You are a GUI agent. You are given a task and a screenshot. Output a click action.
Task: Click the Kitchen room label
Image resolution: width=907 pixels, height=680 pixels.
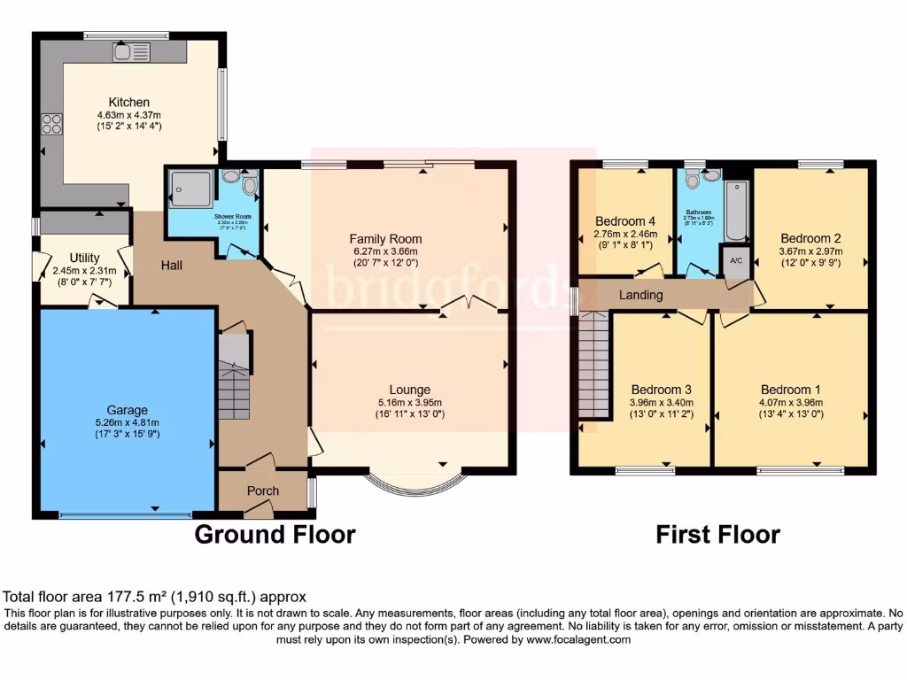point(128,102)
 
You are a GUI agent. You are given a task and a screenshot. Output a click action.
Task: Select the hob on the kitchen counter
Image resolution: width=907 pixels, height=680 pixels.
point(50,124)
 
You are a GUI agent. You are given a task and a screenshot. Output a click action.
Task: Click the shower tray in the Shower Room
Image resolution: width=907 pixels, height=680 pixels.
point(192,189)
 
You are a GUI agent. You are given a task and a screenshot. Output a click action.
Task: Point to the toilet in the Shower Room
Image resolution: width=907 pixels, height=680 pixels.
point(248,186)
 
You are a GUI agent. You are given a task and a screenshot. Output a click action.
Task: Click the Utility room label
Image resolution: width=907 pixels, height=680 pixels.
point(85,258)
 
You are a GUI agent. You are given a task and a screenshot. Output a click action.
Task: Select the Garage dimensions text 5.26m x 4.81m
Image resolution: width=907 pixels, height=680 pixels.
point(128,422)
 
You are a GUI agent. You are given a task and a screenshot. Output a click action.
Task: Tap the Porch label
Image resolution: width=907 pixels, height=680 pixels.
point(262,491)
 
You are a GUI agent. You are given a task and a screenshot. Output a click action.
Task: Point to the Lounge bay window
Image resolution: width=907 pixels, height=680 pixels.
point(415,483)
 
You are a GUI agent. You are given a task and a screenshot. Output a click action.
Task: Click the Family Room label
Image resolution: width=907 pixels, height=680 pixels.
point(384,239)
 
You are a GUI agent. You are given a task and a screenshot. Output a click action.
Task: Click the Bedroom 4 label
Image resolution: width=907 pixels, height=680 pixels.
point(625,221)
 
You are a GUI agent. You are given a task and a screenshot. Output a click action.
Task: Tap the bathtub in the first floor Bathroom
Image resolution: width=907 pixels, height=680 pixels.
point(736,212)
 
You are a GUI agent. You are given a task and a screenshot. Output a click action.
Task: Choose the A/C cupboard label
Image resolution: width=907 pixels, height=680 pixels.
point(734,261)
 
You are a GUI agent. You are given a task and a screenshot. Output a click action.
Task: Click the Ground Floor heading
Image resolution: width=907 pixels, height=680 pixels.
point(275,535)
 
